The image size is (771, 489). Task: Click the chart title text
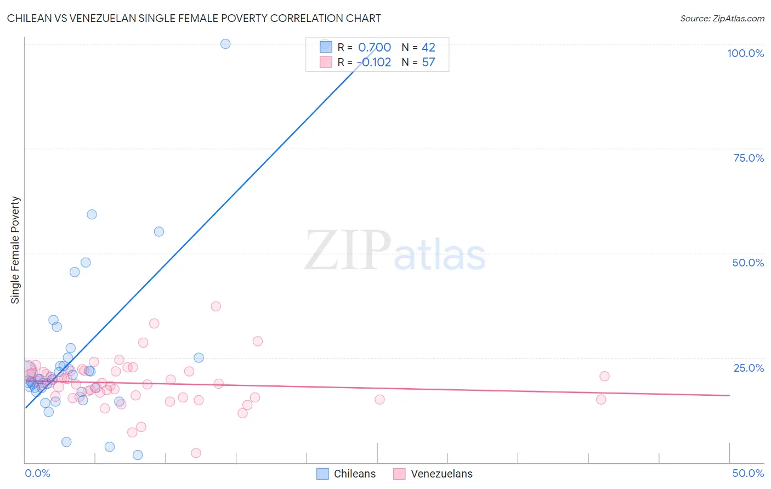click(194, 18)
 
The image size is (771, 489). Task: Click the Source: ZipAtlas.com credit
click(722, 19)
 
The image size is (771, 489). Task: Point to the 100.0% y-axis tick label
click(745, 53)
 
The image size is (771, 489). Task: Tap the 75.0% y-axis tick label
click(749, 158)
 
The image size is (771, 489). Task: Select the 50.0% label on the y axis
click(748, 263)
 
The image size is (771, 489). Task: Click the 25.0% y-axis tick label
click(749, 368)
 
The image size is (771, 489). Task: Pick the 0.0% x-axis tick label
click(37, 473)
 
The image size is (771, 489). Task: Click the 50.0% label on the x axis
click(748, 473)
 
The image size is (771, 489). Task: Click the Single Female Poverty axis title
click(15, 250)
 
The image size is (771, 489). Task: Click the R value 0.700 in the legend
click(375, 48)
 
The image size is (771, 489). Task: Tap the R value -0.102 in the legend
click(375, 62)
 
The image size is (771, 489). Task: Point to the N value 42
click(428, 48)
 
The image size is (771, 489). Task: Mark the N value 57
click(428, 62)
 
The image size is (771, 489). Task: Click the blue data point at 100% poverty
click(225, 44)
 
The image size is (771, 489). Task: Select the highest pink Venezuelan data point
click(216, 306)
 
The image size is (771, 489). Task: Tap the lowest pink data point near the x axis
click(196, 453)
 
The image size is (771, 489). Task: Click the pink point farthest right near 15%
click(601, 399)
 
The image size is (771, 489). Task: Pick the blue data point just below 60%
click(92, 214)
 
